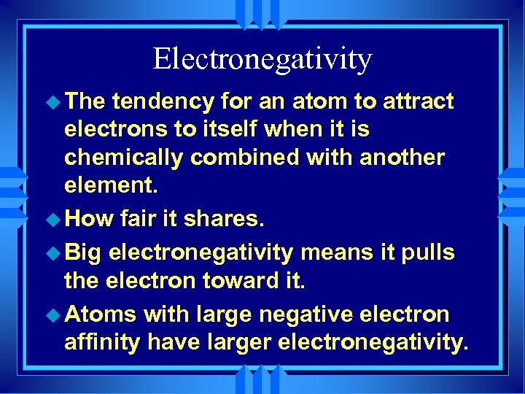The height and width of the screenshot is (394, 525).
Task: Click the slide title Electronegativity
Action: tap(262, 58)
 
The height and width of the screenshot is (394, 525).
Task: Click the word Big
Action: tap(85, 253)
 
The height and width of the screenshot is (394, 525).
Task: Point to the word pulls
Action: tap(427, 253)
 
